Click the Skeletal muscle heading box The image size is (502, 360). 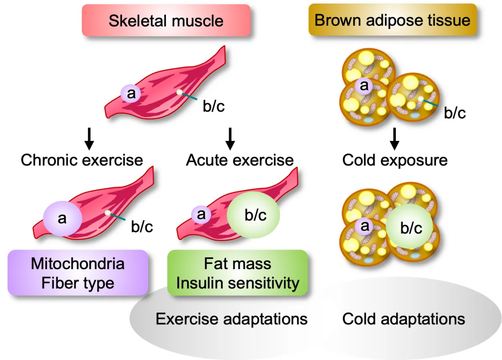(x=166, y=20)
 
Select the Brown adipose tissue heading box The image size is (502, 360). (x=392, y=20)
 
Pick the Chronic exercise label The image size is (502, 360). (x=82, y=160)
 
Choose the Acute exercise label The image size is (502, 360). (x=240, y=160)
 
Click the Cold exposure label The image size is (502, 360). (x=395, y=160)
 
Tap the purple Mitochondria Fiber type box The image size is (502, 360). (x=78, y=273)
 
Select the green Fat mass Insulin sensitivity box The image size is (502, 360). (x=238, y=273)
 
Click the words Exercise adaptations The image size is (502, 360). (x=232, y=319)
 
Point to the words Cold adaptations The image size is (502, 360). (x=403, y=319)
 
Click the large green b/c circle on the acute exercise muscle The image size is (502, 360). (x=253, y=215)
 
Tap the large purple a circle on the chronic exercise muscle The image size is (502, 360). (x=62, y=218)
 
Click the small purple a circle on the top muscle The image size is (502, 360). (x=131, y=95)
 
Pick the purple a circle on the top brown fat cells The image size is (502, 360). (x=364, y=85)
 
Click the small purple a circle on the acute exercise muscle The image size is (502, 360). (x=201, y=214)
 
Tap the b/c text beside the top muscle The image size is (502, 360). (x=213, y=107)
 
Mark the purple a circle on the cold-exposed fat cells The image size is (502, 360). (x=364, y=226)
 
